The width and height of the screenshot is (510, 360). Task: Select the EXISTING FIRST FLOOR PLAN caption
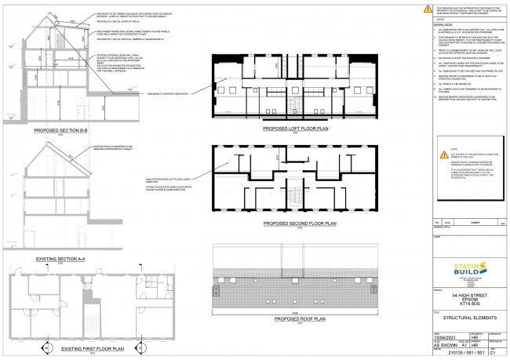[60, 350]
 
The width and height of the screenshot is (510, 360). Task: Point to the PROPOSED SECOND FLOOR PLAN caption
[300, 224]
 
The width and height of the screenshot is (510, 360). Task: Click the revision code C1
[493, 353]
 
